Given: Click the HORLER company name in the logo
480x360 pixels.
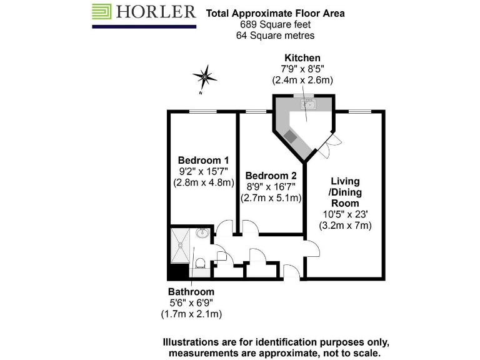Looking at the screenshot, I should (x=155, y=12).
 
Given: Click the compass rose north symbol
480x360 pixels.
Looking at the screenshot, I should (x=204, y=77).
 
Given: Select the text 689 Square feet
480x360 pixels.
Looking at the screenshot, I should (x=275, y=24).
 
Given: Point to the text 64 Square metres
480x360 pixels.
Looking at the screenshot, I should (x=275, y=36).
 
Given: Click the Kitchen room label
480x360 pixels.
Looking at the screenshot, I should (x=302, y=58).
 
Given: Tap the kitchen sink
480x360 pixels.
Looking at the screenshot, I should (x=307, y=104).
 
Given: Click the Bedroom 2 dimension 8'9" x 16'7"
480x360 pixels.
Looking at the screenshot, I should (x=271, y=187).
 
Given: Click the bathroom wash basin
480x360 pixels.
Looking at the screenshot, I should (x=202, y=233).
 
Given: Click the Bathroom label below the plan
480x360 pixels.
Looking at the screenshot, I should (x=191, y=292).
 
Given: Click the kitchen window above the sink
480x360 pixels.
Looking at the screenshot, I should (x=307, y=96).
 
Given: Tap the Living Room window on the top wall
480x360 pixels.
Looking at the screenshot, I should (x=359, y=111).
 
